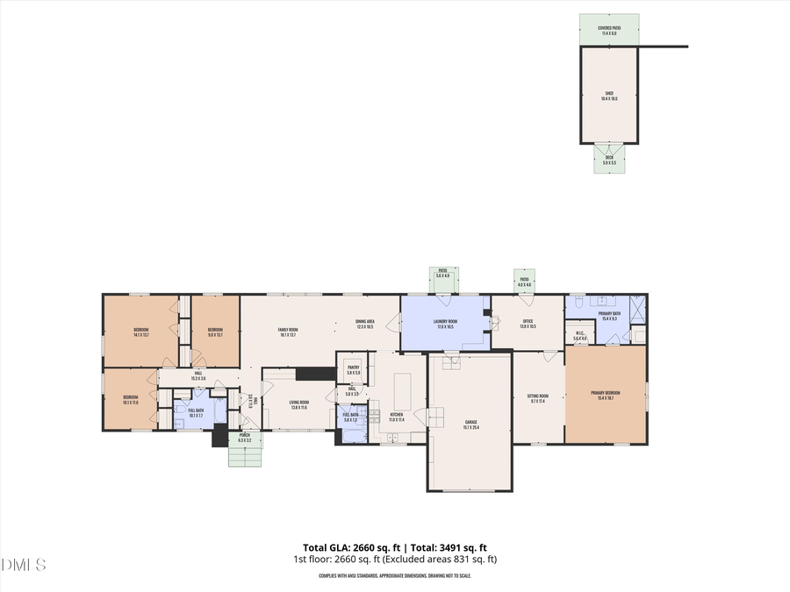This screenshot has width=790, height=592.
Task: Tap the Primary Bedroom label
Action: [605, 396]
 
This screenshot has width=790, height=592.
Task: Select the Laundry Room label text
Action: [445, 324]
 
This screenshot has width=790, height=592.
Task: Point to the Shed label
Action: [608, 96]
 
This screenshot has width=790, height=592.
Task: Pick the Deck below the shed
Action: [608, 160]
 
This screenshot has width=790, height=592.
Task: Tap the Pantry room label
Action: [353, 370]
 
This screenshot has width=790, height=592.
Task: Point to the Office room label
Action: [528, 324]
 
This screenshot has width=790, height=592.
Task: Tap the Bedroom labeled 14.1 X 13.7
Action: [141, 332]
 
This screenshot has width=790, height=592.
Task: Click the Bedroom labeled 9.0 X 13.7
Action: [215, 332]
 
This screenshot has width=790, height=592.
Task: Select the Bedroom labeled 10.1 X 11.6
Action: [130, 399]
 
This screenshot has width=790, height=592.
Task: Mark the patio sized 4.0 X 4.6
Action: [525, 282]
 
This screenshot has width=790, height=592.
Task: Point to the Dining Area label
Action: [364, 324]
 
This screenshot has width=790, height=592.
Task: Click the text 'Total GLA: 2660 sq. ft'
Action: [344, 547]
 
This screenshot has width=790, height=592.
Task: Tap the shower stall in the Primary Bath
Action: [636, 310]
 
